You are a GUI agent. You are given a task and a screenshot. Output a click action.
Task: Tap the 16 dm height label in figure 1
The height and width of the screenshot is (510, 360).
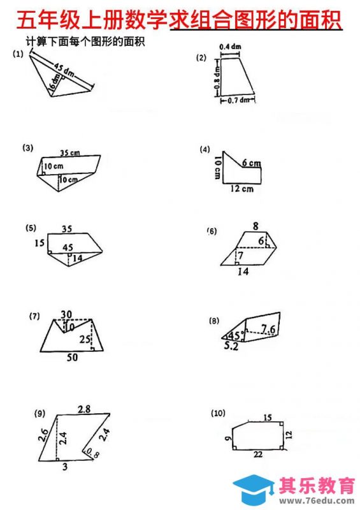point(55,82)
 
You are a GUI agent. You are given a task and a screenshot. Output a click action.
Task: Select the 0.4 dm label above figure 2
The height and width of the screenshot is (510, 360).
point(230,47)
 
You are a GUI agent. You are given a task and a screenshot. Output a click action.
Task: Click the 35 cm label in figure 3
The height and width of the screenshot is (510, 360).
point(70,152)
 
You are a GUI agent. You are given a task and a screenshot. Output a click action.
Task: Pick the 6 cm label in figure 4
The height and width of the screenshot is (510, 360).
point(252,163)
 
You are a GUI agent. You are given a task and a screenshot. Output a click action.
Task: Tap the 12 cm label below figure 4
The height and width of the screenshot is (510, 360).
point(242,189)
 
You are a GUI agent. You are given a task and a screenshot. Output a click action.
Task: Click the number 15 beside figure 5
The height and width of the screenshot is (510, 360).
point(40,243)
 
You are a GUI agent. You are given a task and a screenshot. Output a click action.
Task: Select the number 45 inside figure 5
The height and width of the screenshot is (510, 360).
point(68,247)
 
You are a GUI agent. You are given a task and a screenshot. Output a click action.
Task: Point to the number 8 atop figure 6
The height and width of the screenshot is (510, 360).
point(256,226)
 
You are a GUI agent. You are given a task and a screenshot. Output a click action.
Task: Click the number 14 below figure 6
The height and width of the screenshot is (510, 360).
point(243,272)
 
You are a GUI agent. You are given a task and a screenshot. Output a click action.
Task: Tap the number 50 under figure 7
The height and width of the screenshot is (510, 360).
point(72,358)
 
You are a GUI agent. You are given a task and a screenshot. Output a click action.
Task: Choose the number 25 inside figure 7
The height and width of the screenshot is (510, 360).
point(85,339)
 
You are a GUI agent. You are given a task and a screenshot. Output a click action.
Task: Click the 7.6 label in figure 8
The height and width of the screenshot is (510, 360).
point(268,329)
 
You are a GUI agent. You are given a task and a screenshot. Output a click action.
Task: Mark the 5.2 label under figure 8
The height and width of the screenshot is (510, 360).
point(231,346)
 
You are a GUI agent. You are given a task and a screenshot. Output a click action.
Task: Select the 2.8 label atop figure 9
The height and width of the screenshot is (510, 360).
point(84,409)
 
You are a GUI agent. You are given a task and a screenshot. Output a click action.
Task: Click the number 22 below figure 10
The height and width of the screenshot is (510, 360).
point(258,454)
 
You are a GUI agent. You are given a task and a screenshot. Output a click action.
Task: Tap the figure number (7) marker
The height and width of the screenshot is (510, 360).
point(34,316)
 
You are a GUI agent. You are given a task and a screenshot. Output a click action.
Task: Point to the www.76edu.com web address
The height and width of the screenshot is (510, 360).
point(317,500)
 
